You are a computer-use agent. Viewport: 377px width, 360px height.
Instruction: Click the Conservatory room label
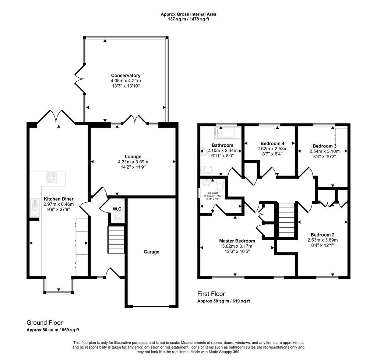pyautogui.click(x=126, y=76)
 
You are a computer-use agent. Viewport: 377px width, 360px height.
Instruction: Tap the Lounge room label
pyautogui.click(x=133, y=157)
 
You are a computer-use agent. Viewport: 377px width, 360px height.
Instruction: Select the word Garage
pyautogui.click(x=151, y=252)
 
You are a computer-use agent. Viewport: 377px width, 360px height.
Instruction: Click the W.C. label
pyautogui.click(x=118, y=209)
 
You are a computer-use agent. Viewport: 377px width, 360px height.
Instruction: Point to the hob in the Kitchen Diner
pyautogui.click(x=52, y=178)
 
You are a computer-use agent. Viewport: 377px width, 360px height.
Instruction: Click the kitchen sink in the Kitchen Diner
pyautogui.click(x=35, y=207)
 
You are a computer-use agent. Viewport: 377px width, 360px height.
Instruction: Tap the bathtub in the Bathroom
pyautogui.click(x=227, y=133)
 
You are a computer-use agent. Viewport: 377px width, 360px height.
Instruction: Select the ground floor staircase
pyautogui.click(x=116, y=240)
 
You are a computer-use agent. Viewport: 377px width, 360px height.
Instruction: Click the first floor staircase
pyautogui.click(x=286, y=220)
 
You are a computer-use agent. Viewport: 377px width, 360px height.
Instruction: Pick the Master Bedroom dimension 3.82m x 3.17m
pyautogui.click(x=237, y=246)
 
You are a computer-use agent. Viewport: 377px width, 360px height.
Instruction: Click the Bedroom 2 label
pyautogui.click(x=323, y=235)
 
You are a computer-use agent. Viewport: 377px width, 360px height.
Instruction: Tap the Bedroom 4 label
pyautogui.click(x=272, y=143)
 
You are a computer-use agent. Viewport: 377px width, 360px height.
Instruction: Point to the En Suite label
pyautogui.click(x=213, y=193)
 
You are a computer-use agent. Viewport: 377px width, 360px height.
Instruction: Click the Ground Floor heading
pyautogui.click(x=45, y=323)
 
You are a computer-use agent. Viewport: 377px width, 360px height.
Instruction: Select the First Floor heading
pyautogui.click(x=211, y=294)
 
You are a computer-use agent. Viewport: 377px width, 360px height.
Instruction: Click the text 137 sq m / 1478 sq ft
pyautogui.click(x=188, y=19)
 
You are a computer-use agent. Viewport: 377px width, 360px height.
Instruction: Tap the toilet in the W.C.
pyautogui.click(x=119, y=217)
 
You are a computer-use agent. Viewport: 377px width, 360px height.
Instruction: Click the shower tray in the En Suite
pyautogui.click(x=236, y=206)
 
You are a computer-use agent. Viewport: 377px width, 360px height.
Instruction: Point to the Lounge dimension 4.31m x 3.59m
pyautogui.click(x=133, y=162)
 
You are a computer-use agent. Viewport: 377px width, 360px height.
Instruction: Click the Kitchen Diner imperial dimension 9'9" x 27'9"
pyautogui.click(x=59, y=209)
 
